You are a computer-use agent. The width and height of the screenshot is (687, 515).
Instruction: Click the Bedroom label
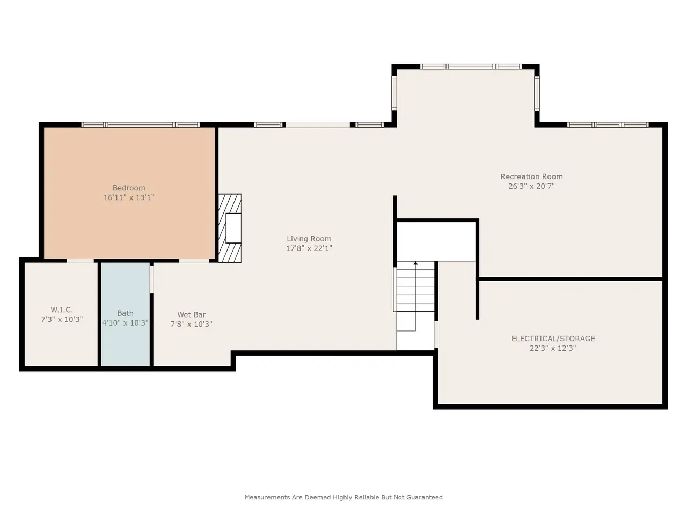(x=129, y=188)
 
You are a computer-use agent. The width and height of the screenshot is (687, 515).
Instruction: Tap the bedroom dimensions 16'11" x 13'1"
(x=129, y=197)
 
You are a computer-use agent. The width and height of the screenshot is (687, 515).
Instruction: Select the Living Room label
(x=309, y=239)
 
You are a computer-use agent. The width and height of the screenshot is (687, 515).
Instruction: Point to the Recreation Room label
(x=531, y=176)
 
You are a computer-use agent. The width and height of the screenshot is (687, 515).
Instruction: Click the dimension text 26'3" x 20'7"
(x=531, y=186)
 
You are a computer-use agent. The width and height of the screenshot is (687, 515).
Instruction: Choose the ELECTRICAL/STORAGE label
(x=553, y=339)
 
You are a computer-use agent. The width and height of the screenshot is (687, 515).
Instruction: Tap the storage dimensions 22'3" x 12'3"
(x=553, y=348)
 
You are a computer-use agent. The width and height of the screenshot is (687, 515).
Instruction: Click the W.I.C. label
(x=62, y=310)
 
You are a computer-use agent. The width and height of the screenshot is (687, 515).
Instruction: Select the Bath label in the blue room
(x=125, y=313)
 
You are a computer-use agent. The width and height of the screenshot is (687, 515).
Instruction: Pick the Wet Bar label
(x=191, y=314)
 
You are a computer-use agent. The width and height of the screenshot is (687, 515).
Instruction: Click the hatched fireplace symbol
(x=230, y=228)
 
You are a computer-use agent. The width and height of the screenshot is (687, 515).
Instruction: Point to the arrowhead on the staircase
(x=415, y=263)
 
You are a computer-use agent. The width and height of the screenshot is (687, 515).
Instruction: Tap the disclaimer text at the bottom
(x=343, y=497)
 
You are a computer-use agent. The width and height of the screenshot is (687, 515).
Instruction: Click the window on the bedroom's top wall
(x=141, y=125)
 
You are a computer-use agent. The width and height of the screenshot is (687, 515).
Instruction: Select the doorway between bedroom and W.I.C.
(x=80, y=261)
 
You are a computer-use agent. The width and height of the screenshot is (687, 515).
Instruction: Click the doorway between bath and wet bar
(x=151, y=279)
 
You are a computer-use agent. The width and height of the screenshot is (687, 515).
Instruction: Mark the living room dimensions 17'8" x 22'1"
(x=309, y=248)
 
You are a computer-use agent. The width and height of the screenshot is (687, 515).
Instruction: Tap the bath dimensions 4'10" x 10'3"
(x=125, y=323)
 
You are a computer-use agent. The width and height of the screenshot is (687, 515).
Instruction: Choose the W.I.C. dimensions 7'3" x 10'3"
(x=62, y=320)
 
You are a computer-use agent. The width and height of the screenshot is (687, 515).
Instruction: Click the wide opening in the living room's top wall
(x=318, y=125)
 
